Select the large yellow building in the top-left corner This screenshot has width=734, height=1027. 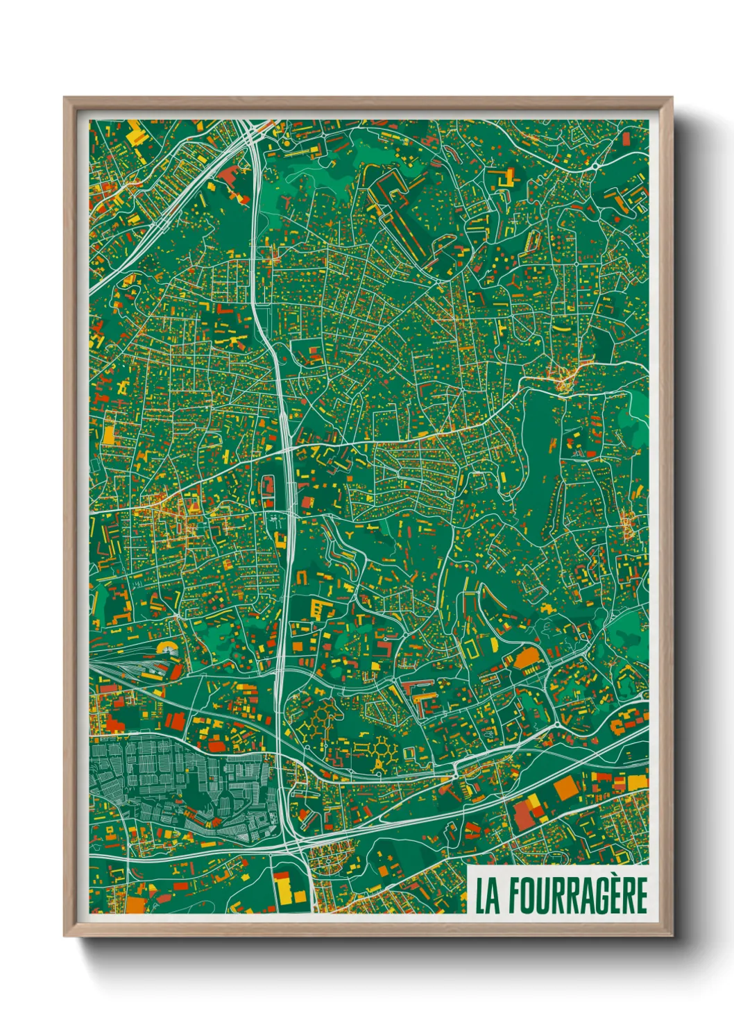[137, 135]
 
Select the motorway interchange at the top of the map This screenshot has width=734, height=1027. [250, 132]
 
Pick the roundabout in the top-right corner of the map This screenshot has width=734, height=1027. [596, 167]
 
